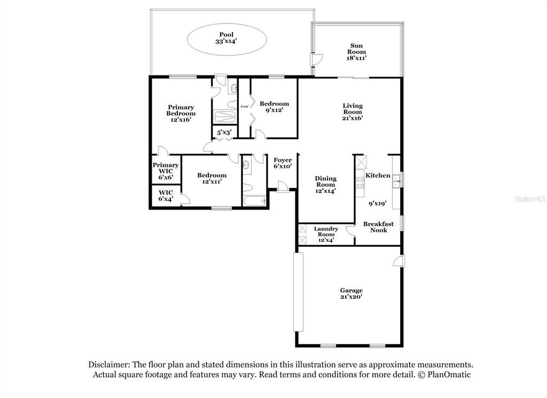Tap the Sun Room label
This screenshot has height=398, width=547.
coord(357,52)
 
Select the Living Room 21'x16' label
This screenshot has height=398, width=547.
coord(353,112)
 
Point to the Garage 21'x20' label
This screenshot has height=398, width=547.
coord(351,294)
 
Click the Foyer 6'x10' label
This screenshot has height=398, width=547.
coord(283,163)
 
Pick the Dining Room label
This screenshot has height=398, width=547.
coord(325,185)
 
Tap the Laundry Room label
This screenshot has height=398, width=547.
coord(326,234)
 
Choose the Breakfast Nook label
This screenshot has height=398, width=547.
coord(378,227)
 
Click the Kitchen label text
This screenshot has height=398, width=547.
coord(378,175)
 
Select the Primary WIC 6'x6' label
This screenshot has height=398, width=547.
coord(166,171)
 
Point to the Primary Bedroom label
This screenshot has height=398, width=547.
coord(181,113)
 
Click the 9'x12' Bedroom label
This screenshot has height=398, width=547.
coord(274,107)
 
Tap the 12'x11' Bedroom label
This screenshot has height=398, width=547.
coord(212,178)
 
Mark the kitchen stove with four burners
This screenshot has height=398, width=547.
coord(360,182)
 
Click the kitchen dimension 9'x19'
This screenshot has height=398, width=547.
coord(377,203)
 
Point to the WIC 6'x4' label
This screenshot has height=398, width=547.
coord(166,196)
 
